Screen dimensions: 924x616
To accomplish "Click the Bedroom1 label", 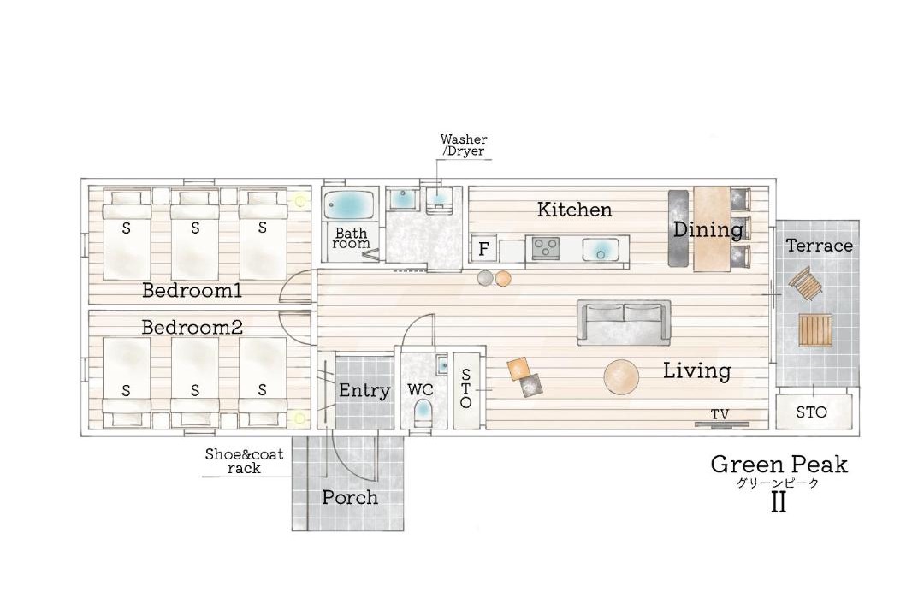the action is click(x=192, y=291).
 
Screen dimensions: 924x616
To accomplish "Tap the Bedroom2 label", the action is click(x=192, y=327).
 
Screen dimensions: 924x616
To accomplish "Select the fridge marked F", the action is click(x=483, y=249).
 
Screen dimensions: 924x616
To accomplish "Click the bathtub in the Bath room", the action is click(x=351, y=205).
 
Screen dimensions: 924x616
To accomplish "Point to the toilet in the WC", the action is click(x=423, y=411).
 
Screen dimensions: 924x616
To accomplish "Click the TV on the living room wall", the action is click(x=722, y=423).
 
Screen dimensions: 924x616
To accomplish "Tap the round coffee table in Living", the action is click(x=621, y=376).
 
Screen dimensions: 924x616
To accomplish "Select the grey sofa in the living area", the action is click(x=624, y=323).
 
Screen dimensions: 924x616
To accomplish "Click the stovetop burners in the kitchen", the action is click(x=546, y=247).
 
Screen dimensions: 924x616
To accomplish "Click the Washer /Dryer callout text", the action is click(x=464, y=145).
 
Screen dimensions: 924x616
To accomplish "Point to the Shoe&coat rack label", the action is click(x=244, y=461).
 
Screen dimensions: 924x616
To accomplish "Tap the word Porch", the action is click(x=350, y=498).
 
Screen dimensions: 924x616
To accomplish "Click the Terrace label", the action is click(x=819, y=246).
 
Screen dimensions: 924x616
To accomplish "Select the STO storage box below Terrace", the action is click(x=814, y=412).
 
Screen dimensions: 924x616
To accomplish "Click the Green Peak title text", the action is click(x=779, y=465).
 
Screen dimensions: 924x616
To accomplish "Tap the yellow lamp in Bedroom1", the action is click(x=300, y=201).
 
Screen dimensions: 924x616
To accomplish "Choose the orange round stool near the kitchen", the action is click(x=503, y=278).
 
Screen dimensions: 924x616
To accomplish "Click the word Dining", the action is click(x=708, y=229).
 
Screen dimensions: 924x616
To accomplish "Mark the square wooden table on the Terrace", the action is click(x=815, y=330).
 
